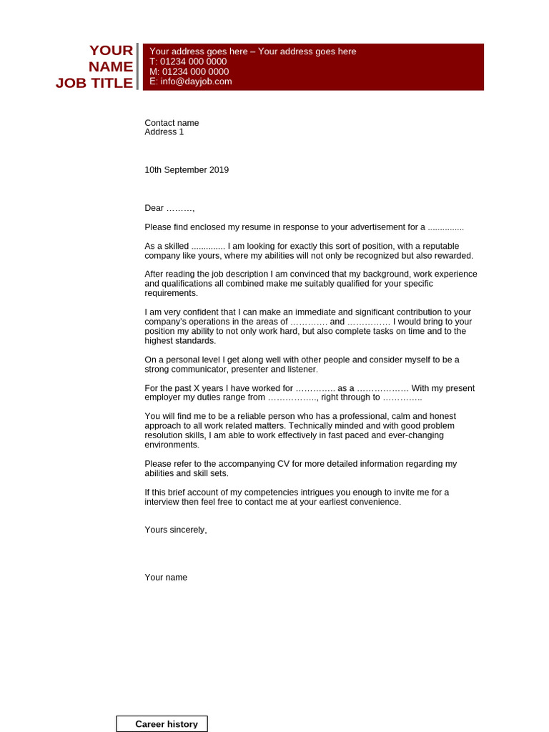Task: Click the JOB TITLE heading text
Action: [x=94, y=83]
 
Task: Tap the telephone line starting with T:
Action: [x=188, y=61]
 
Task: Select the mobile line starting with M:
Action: [x=189, y=71]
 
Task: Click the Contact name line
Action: [x=172, y=123]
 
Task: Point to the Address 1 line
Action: [x=164, y=132]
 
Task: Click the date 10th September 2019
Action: [x=187, y=170]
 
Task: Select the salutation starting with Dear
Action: [x=169, y=208]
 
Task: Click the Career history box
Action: [x=162, y=724]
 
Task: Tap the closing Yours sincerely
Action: [x=175, y=530]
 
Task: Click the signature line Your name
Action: [x=166, y=578]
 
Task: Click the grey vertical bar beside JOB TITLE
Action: [x=137, y=66]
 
